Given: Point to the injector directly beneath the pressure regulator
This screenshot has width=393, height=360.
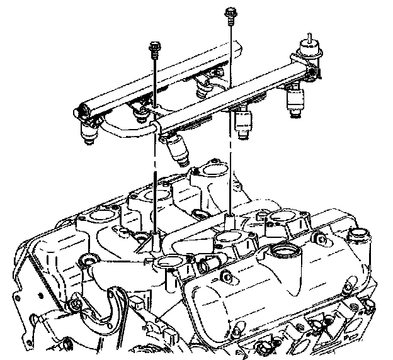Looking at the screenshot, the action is tap(294, 101).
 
